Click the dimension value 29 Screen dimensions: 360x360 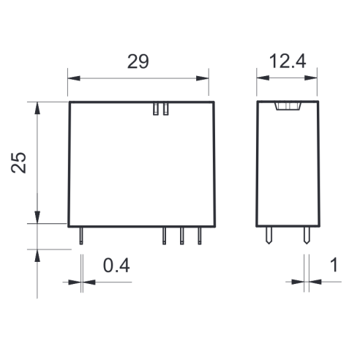(x=138, y=61)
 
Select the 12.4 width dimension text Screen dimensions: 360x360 (x=288, y=61)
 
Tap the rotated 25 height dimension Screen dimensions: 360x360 (x=18, y=162)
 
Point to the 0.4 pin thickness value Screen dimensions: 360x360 (x=116, y=266)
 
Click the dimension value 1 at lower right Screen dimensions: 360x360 (x=334, y=265)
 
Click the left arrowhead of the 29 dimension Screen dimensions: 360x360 (x=74, y=78)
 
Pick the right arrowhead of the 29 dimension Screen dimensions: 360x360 (x=203, y=78)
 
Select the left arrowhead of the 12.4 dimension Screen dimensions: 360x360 (x=263, y=78)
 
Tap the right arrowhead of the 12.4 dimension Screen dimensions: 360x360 (x=311, y=78)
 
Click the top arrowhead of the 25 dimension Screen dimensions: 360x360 (x=37, y=108)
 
